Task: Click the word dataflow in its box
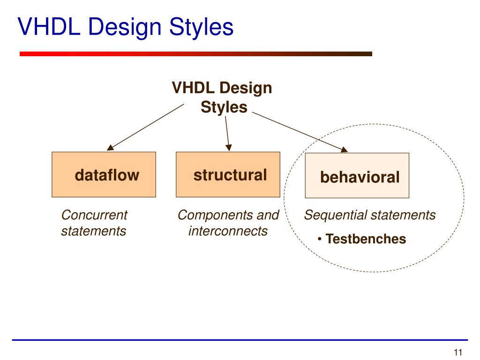(x=107, y=175)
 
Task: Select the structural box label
(x=230, y=175)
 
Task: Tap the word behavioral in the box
(x=360, y=177)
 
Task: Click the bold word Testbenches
(x=366, y=239)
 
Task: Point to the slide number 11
(x=458, y=353)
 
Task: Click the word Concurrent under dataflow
(x=94, y=215)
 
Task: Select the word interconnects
(x=228, y=231)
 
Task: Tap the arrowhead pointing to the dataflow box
(x=110, y=148)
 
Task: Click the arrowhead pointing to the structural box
(x=229, y=148)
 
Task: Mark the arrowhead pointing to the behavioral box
(x=344, y=150)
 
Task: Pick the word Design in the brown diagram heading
(x=246, y=88)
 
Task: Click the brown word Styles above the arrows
(x=224, y=107)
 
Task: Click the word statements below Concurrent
(x=93, y=231)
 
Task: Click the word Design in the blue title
(x=125, y=27)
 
